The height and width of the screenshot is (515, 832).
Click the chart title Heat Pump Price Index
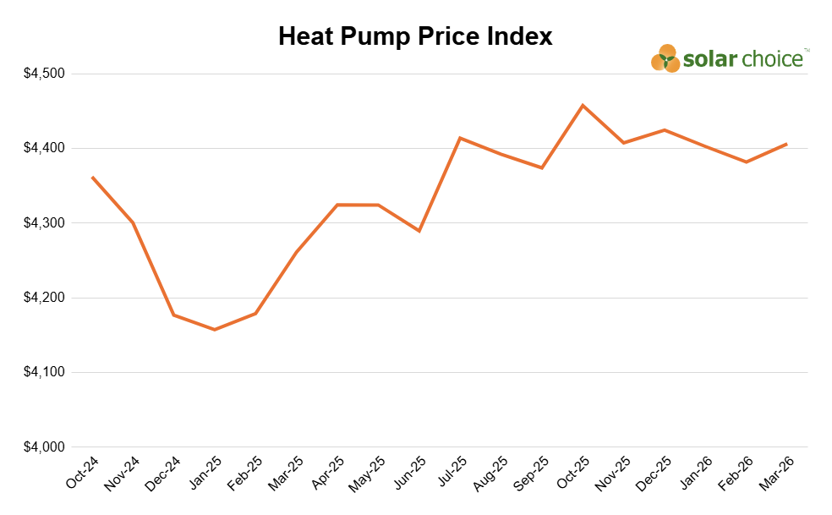[x=415, y=36]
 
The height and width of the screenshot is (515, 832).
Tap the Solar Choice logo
[x=730, y=59]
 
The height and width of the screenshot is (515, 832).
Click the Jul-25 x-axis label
[x=452, y=473]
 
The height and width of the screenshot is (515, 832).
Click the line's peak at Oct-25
[x=583, y=105]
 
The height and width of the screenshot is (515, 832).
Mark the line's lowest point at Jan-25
[x=214, y=330]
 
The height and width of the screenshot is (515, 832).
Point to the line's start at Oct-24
[x=91, y=177]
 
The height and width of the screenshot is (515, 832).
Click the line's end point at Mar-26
[x=787, y=144]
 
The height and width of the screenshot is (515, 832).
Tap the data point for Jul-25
[x=460, y=138]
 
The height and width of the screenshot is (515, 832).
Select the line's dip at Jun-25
[x=419, y=231]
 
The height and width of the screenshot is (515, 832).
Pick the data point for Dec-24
[x=173, y=315]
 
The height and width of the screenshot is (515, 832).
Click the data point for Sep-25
[x=542, y=167]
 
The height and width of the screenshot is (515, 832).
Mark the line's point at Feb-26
[x=746, y=162]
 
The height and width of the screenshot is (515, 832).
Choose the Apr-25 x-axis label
[x=330, y=473]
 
